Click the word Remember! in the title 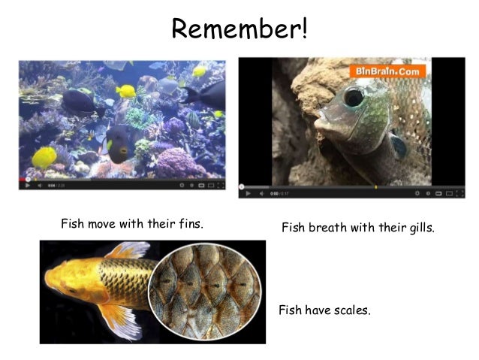tap(239, 29)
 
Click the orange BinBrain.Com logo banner tap(387, 71)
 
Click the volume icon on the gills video tap(262, 193)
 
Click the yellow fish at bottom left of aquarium tap(44, 157)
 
